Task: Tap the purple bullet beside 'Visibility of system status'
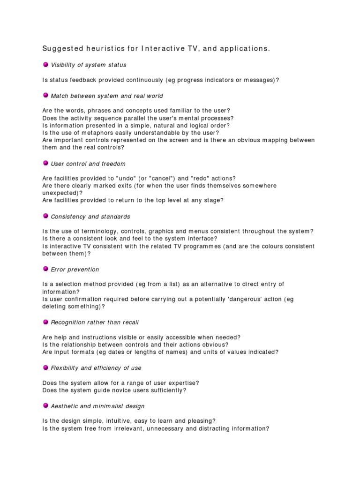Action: [x=45, y=64]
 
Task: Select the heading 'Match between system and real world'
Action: [x=107, y=96]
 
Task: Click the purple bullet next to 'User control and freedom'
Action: [x=45, y=163]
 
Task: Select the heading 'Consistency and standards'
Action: [x=90, y=217]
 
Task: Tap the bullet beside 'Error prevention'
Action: [x=45, y=269]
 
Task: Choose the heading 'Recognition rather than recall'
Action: [x=95, y=322]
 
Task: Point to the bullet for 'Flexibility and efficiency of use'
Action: [x=45, y=367]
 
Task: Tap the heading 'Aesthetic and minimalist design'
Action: [x=97, y=406]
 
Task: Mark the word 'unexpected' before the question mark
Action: [x=60, y=193]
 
